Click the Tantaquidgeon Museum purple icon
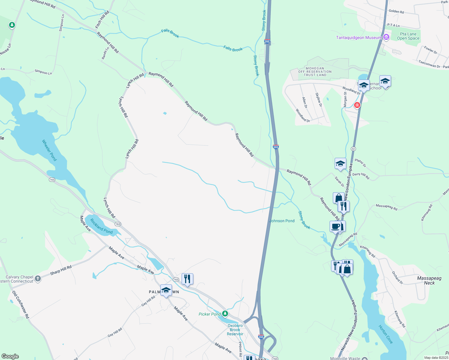[386, 37]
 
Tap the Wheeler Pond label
[50, 150]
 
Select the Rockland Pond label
[101, 226]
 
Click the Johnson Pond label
[282, 221]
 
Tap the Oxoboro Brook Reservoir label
[235, 330]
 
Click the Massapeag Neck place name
[429, 280]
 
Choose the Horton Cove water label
[386, 334]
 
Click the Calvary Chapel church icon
[38, 279]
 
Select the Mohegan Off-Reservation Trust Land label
[315, 72]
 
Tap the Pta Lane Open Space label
[408, 36]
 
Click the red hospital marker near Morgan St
[357, 105]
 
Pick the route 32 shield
[353, 149]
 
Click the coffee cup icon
[335, 226]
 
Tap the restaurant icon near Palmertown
[187, 279]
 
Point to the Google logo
[10, 356]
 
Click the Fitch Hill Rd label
[102, 20]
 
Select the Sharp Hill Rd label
[61, 270]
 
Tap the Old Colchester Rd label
[21, 304]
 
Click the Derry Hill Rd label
[361, 176]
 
